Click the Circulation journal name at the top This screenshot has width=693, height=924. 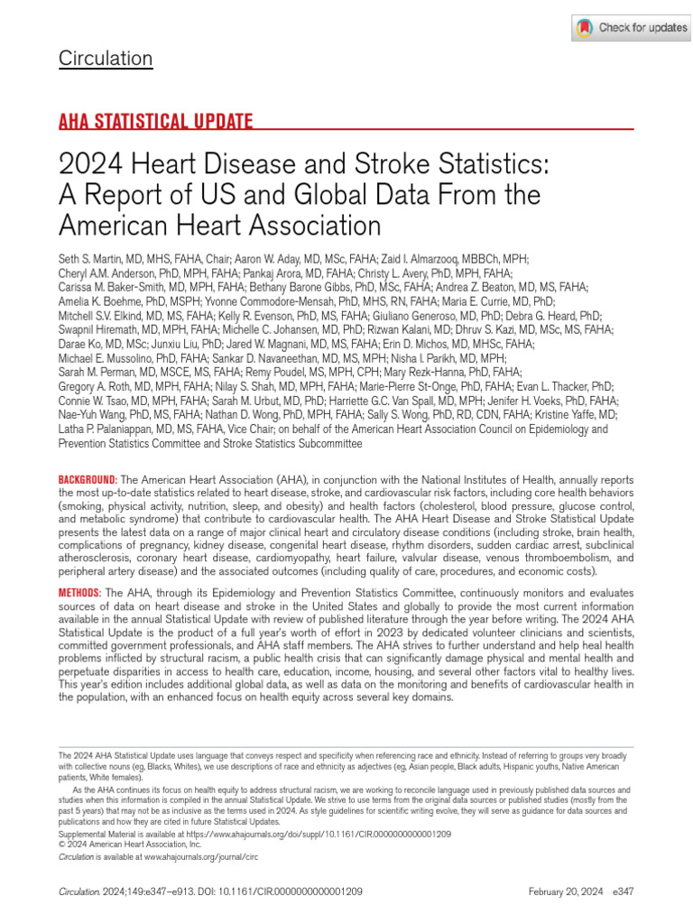coord(106,60)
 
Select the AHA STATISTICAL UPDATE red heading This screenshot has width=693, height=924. coord(155,121)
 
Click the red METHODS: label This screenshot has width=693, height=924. coord(80,592)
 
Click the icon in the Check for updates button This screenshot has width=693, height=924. coord(585,28)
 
